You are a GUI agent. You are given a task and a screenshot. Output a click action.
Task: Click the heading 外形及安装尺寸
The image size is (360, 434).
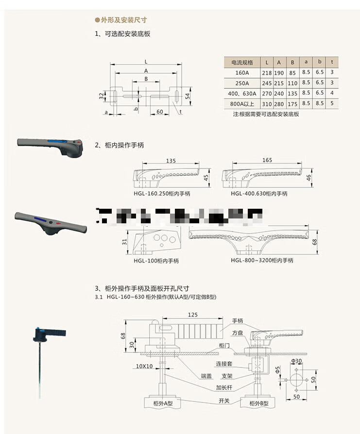tap(123, 20)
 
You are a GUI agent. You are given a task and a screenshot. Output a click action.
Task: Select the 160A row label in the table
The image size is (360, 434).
tap(242, 72)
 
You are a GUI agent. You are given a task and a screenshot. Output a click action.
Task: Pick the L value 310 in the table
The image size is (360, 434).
tap(267, 103)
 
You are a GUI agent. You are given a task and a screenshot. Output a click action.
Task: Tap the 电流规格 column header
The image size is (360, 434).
tap(242, 62)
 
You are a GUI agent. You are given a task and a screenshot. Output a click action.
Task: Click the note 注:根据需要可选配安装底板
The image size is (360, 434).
tap(266, 114)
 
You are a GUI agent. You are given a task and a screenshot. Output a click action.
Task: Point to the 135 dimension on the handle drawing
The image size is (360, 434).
tap(171, 160)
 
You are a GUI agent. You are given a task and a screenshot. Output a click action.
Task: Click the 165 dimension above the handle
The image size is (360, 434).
tap(267, 160)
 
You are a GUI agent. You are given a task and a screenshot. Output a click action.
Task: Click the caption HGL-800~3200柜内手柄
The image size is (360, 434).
tap(262, 260)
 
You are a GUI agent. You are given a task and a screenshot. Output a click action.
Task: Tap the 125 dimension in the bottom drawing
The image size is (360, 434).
tap(193, 315)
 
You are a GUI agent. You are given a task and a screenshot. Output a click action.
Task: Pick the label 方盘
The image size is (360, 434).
tap(237, 333)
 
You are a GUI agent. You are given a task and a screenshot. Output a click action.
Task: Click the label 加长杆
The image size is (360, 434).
tap(224, 387)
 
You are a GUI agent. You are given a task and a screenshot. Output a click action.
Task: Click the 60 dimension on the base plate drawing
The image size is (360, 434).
tap(159, 112)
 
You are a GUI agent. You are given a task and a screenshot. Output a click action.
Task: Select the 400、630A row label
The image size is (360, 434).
tap(242, 93)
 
